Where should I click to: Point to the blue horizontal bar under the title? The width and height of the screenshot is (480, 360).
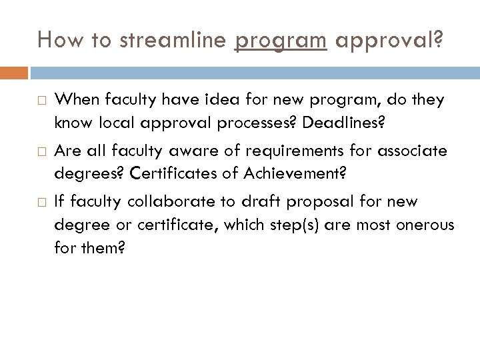(x=254, y=71)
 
